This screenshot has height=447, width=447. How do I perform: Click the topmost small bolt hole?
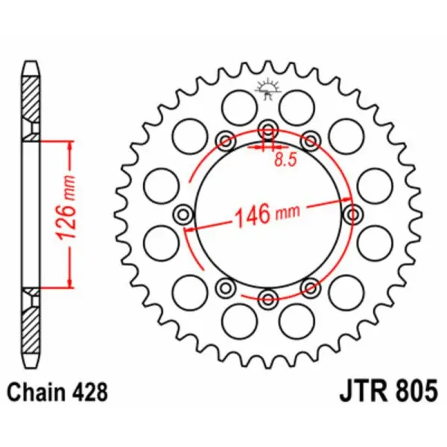(267, 130)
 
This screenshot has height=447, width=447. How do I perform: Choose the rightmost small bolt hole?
(352, 215)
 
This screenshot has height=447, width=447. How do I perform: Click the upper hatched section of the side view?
(30, 104)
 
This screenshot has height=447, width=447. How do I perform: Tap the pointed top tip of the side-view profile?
(30, 63)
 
